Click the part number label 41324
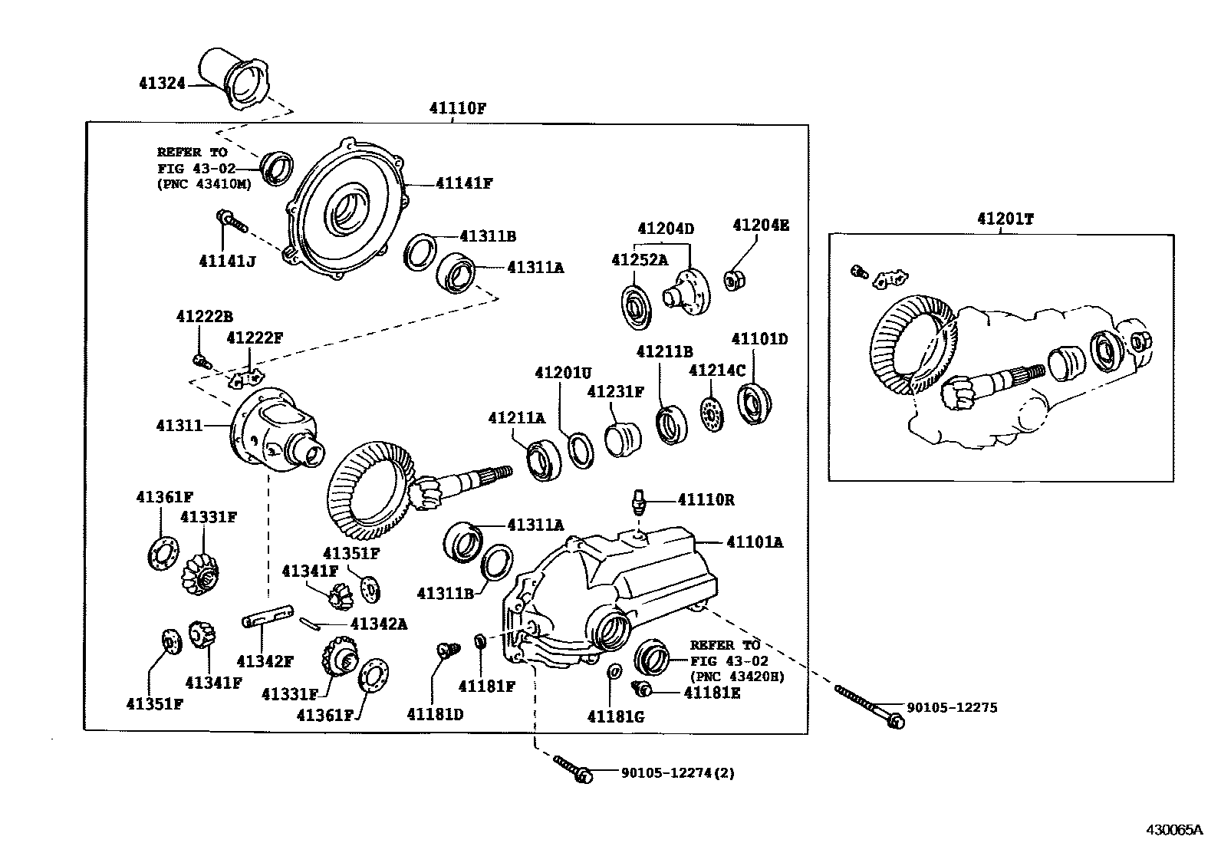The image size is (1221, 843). coord(162,83)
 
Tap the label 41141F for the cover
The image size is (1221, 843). coord(463,183)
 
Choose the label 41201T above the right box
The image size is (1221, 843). coord(1005,219)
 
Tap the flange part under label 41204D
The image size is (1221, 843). coord(688,291)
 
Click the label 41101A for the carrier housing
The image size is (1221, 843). coord(755,542)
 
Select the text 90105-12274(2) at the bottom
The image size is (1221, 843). coord(677,773)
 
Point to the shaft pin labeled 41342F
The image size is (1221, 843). coord(268,617)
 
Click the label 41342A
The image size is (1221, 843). coord(378,624)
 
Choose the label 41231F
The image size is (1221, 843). coord(615,392)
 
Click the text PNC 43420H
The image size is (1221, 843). coord(737,677)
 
